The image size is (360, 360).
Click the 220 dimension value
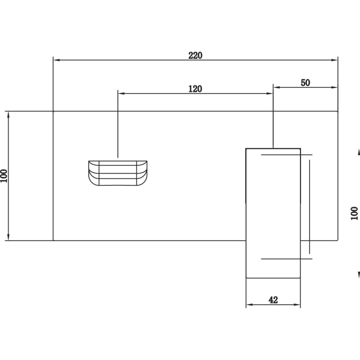point(195,55)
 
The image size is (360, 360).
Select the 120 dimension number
point(195,89)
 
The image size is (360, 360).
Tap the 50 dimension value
point(306,83)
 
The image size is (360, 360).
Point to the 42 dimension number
point(273,300)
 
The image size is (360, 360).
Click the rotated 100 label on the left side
point(4,176)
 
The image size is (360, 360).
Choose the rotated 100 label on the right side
point(354,213)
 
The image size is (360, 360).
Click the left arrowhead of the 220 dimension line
point(57,60)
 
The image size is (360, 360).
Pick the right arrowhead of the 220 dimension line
point(334,60)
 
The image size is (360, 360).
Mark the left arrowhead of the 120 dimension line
point(121,94)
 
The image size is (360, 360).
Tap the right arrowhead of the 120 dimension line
point(270,94)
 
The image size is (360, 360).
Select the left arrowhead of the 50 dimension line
point(277,87)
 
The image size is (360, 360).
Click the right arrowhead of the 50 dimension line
point(334,87)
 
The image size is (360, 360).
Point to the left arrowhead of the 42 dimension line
point(250,305)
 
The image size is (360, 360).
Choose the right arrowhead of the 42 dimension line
point(297,305)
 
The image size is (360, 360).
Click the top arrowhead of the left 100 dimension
point(9,115)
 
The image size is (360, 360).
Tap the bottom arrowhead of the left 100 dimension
point(9,237)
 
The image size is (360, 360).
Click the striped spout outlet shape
point(118,173)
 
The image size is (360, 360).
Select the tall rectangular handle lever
point(273,213)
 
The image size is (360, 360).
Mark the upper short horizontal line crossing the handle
point(287,155)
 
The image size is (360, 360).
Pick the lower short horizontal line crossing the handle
point(287,259)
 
